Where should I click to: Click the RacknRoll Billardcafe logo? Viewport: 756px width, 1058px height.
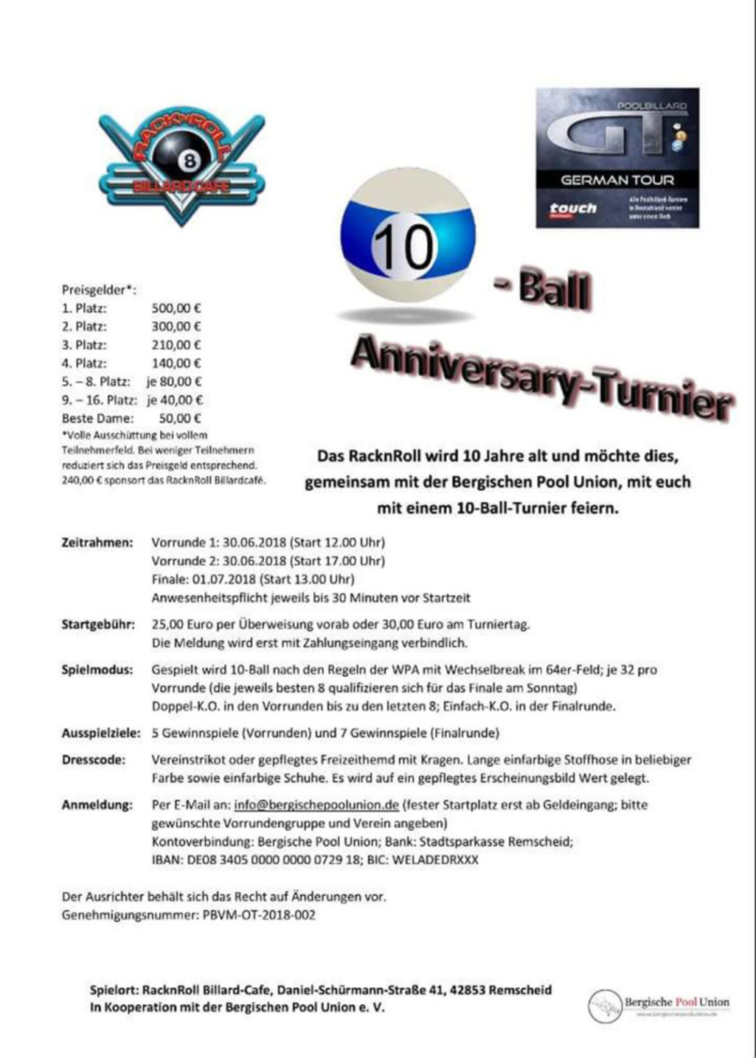182,168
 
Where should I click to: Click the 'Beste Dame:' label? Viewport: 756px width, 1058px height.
98,418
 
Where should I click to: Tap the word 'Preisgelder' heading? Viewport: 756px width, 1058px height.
94,290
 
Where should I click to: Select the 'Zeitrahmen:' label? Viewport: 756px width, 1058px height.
97,543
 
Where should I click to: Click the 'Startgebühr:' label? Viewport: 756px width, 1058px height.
98,625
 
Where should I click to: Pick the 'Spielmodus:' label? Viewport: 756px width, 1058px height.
97,670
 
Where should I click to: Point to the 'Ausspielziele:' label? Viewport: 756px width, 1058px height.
101,733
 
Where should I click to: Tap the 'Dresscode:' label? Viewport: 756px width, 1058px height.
94,760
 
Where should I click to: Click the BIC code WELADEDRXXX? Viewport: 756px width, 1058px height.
435,860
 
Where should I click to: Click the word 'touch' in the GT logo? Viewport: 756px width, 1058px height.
572,208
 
